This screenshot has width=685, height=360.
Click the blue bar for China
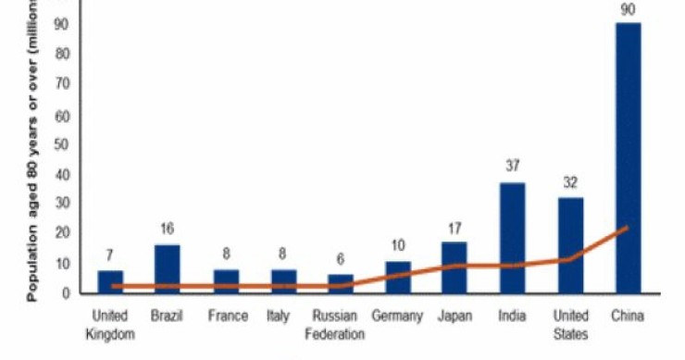pyautogui.click(x=628, y=157)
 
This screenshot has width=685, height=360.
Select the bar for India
pyautogui.click(x=513, y=237)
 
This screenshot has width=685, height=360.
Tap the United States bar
pyautogui.click(x=570, y=244)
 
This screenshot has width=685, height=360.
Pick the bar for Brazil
pyautogui.click(x=168, y=268)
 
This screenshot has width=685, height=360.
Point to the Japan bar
pyautogui.click(x=455, y=267)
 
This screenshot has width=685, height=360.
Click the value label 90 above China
pyautogui.click(x=628, y=9)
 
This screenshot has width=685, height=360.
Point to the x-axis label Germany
pyautogui.click(x=397, y=317)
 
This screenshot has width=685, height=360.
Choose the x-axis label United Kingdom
pyautogui.click(x=110, y=325)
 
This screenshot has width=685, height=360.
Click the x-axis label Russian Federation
pyautogui.click(x=340, y=325)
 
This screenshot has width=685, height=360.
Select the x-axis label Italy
pyautogui.click(x=282, y=317)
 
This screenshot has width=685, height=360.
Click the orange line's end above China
pyautogui.click(x=628, y=227)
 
